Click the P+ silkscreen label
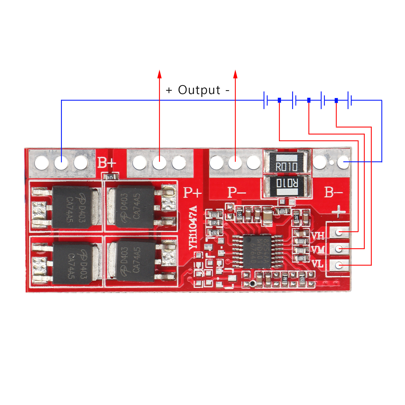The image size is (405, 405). [x=192, y=193]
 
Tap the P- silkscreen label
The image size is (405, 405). [x=236, y=193]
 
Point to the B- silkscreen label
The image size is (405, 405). [x=333, y=193]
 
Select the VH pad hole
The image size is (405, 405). [x=339, y=232]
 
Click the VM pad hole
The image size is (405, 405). [x=339, y=248]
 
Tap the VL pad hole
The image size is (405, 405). [x=339, y=265]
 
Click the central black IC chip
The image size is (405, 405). [x=256, y=251]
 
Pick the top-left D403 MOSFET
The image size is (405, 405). [x=72, y=207]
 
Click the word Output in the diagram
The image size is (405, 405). [x=199, y=90]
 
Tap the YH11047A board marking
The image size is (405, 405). [x=193, y=228]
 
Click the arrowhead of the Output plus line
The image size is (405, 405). [x=160, y=74]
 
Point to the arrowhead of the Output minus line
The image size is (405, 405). [x=235, y=74]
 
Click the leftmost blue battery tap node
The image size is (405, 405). [x=279, y=100]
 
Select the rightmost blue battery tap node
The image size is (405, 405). [x=336, y=100]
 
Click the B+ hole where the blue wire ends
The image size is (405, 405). [x=61, y=163]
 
